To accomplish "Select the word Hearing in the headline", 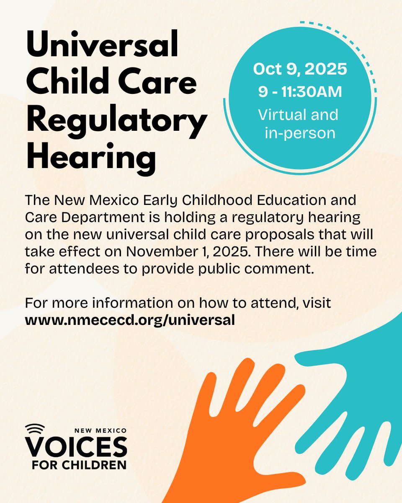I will tap(91, 157).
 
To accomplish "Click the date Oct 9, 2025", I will tap(300, 70).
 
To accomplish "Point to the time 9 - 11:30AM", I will tap(300, 92).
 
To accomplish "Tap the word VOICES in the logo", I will tap(75, 447).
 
